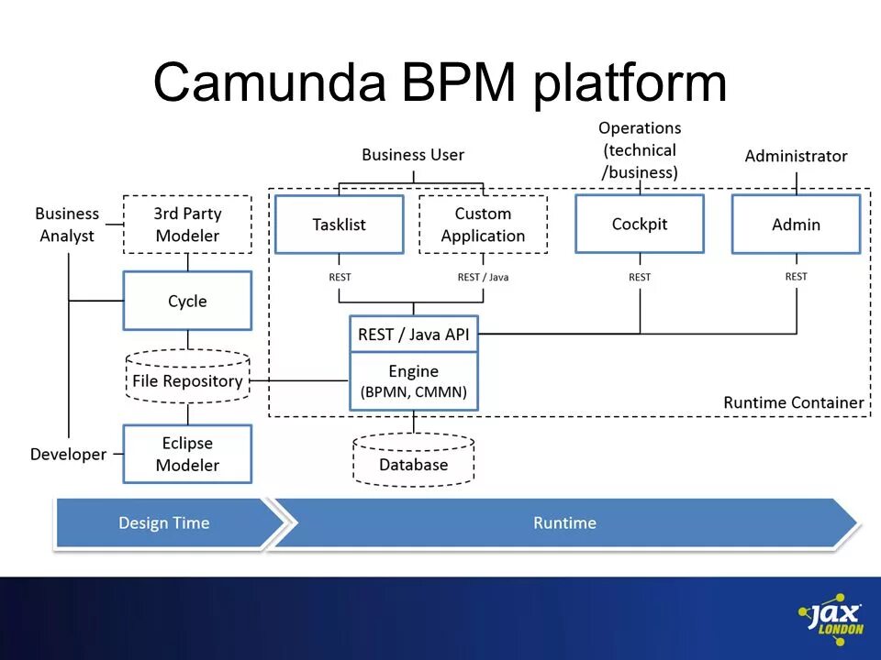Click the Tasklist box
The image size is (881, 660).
pos(340,225)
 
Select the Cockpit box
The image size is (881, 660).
pos(640,224)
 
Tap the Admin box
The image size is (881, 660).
pos(797,225)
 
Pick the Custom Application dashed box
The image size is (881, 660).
pos(484,225)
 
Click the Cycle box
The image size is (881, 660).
pos(187,301)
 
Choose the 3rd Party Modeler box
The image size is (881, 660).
pos(187,225)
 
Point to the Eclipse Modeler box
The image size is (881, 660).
pos(187,454)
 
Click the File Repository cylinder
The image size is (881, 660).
pos(187,377)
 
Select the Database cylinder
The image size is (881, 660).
pos(414,459)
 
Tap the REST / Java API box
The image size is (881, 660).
pos(414,335)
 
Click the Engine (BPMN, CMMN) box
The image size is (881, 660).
pos(414,381)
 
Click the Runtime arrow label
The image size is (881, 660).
pos(564,523)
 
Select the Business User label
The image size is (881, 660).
pos(413,155)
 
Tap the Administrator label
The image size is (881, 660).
pos(797,156)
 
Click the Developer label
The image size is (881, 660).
pos(69,454)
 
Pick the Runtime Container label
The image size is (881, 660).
pos(793,402)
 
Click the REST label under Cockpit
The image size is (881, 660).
pos(640,277)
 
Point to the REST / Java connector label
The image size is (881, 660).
pos(484,277)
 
